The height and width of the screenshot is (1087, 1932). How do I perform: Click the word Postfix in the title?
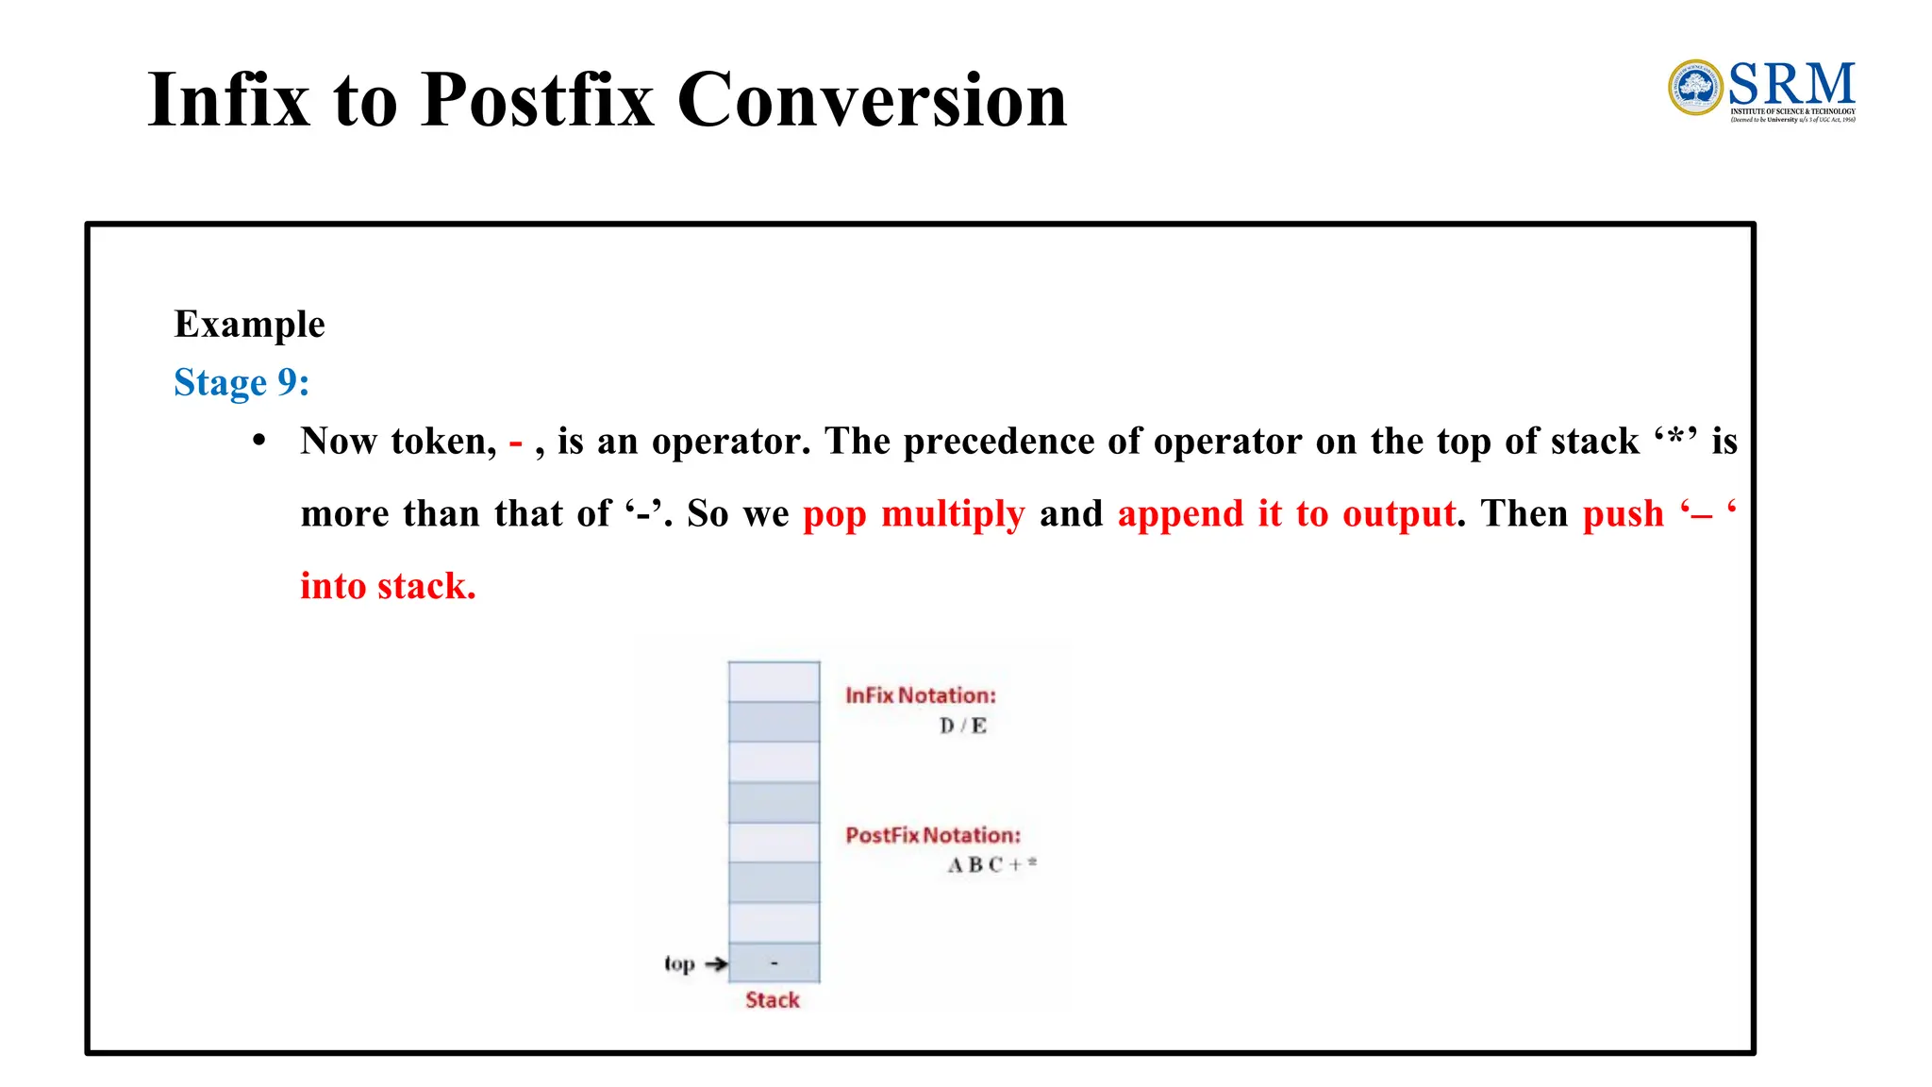pos(537,99)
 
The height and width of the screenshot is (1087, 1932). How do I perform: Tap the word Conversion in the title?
pos(872,99)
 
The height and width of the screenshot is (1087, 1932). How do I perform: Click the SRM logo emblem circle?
pos(1695,88)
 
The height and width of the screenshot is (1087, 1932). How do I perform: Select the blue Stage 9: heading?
pos(241,382)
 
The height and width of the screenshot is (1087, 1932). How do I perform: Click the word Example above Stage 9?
pos(249,324)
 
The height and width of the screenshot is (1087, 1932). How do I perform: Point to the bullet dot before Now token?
pos(259,441)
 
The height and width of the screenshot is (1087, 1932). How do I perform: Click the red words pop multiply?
pos(913,513)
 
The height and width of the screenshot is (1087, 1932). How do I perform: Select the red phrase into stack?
pos(388,586)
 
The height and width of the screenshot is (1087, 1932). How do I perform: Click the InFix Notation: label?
pos(920,695)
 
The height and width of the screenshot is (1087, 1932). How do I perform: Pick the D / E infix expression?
pos(963,726)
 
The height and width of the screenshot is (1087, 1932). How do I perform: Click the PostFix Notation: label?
pos(932,835)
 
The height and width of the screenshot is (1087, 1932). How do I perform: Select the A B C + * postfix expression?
pos(991,864)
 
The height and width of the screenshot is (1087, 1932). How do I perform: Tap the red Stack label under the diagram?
pos(772,1000)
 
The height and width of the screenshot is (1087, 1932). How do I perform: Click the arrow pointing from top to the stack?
pos(716,963)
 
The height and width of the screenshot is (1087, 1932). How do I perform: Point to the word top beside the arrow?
pos(679,963)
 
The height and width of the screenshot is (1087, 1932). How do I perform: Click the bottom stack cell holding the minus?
pos(774,962)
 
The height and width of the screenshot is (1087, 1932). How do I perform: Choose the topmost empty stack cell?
pos(774,681)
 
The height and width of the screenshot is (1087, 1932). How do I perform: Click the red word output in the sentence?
pos(1399,513)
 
